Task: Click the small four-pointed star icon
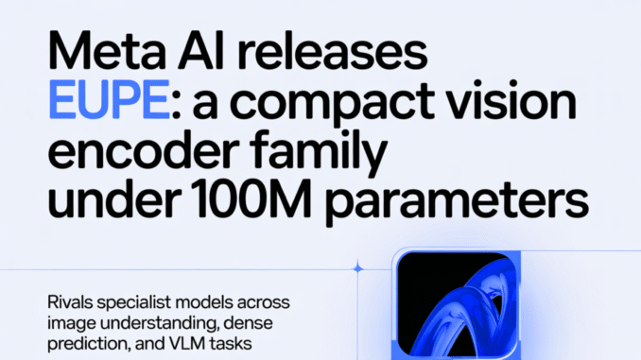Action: (357, 269)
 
